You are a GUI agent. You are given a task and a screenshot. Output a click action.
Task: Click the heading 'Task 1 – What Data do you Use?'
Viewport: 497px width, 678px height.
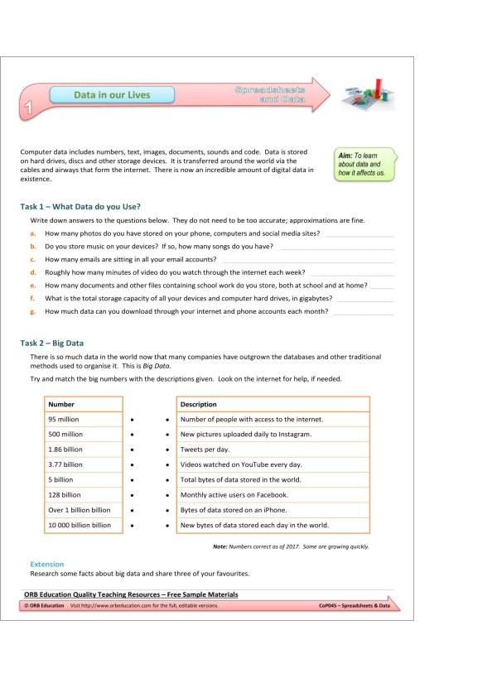tap(80, 206)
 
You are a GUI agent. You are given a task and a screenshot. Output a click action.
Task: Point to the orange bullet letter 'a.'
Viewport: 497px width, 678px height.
tap(32, 234)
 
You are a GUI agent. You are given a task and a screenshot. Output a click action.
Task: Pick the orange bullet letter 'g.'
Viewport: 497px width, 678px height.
tap(32, 311)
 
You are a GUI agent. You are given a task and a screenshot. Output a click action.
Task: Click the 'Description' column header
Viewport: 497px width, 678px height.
tap(199, 404)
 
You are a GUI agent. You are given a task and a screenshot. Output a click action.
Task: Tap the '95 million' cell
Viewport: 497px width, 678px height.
tap(64, 419)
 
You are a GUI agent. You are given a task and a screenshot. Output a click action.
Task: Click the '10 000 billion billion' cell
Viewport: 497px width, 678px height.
tap(80, 525)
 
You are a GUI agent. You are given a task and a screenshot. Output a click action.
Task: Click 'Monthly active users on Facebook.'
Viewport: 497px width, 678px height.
tap(234, 494)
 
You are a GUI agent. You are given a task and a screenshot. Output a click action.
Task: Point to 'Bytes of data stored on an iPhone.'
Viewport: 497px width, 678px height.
tap(234, 510)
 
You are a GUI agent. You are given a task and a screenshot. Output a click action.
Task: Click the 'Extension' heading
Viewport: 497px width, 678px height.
tap(46, 564)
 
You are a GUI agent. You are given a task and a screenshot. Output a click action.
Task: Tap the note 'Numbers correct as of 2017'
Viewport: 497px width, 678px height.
tap(291, 546)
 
